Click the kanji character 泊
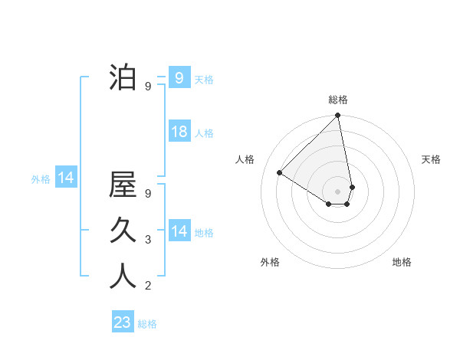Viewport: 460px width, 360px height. (123, 77)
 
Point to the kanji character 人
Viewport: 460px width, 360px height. (123, 276)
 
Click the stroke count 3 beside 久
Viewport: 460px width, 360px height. (148, 240)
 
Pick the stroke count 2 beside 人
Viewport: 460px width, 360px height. (148, 286)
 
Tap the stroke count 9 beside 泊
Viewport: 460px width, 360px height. (148, 87)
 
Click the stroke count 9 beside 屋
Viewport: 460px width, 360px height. (148, 194)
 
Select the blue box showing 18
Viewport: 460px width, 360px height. (179, 132)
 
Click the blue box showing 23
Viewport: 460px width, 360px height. (123, 322)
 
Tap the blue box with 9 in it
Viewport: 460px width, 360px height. (179, 77)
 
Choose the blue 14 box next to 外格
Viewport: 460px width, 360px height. (66, 178)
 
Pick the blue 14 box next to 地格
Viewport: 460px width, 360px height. (179, 231)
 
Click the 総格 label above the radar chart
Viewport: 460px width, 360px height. (338, 100)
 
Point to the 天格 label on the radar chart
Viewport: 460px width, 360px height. (431, 159)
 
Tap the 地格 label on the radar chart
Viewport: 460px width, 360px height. (402, 262)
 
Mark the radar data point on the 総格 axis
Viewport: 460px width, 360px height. (338, 116)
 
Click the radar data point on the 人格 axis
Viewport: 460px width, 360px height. (280, 172)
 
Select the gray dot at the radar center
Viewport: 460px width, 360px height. (338, 190)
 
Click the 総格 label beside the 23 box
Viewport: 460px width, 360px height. (147, 324)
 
